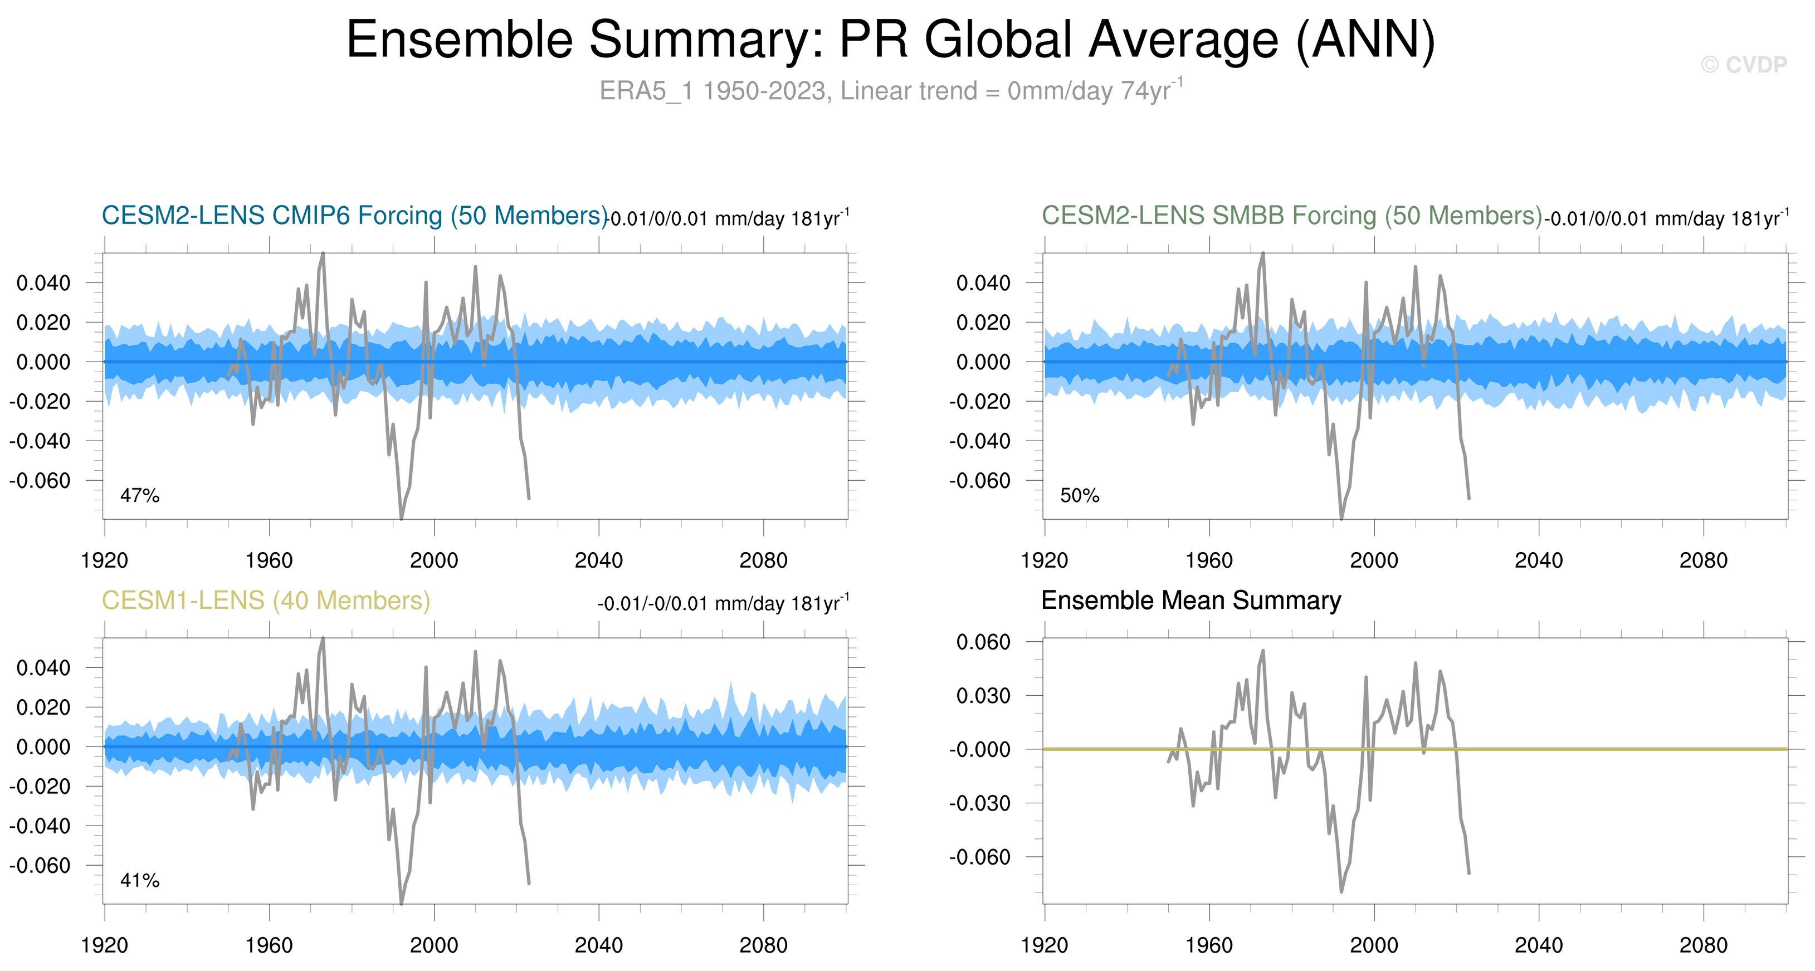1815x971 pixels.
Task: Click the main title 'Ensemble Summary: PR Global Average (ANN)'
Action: pyautogui.click(x=891, y=40)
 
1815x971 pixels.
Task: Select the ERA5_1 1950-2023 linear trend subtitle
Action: pyautogui.click(x=891, y=91)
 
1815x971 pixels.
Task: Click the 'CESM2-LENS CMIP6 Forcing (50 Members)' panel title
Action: pyautogui.click(x=354, y=216)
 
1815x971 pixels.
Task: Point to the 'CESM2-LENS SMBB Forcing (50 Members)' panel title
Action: pyautogui.click(x=1291, y=216)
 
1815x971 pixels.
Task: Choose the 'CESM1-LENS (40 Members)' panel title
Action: pyautogui.click(x=266, y=601)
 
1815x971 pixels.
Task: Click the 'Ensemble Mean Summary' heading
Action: pyautogui.click(x=1191, y=601)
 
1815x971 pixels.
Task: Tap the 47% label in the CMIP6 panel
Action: pyautogui.click(x=139, y=495)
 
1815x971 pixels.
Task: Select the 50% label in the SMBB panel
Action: pyautogui.click(x=1080, y=495)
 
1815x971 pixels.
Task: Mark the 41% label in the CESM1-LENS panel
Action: pyautogui.click(x=139, y=880)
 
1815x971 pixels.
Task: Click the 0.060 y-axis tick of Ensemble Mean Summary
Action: pyautogui.click(x=983, y=642)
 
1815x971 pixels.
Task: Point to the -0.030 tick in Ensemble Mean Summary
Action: pyautogui.click(x=979, y=803)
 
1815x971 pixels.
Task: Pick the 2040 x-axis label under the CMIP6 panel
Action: pyautogui.click(x=598, y=561)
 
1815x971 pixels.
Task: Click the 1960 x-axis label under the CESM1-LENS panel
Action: pyautogui.click(x=269, y=945)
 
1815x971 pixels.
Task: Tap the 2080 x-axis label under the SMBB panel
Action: pyautogui.click(x=1703, y=561)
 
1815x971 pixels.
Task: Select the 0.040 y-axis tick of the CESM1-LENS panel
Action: pyautogui.click(x=43, y=668)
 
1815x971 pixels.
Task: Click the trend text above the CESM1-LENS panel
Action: pyautogui.click(x=723, y=604)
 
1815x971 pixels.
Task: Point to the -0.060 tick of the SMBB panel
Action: pyautogui.click(x=979, y=481)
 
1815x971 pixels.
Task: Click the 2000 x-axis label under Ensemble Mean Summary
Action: pyautogui.click(x=1373, y=945)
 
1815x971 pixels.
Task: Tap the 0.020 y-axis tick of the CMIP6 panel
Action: pyautogui.click(x=43, y=323)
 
